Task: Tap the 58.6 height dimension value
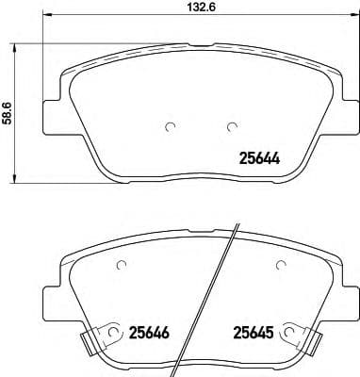tap(8, 113)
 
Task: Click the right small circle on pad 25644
tap(230, 128)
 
